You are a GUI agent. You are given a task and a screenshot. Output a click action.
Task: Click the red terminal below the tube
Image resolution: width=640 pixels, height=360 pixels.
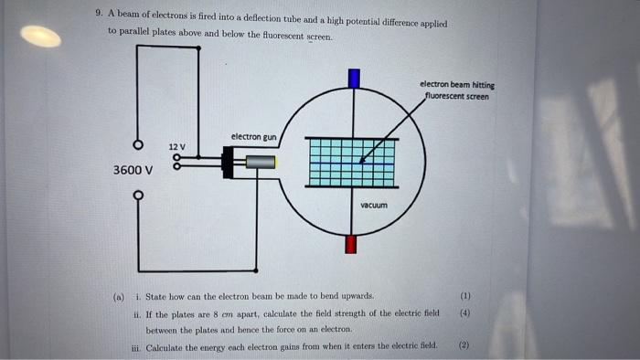click(x=352, y=244)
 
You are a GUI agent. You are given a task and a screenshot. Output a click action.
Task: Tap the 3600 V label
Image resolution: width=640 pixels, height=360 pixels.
click(x=133, y=170)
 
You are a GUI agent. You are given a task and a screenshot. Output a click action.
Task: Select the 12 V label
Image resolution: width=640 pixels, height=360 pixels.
click(x=176, y=146)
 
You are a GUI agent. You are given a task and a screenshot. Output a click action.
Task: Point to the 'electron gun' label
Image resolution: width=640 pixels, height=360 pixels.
click(x=253, y=137)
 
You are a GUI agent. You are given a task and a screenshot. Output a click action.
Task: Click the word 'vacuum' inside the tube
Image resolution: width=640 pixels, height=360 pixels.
click(x=374, y=205)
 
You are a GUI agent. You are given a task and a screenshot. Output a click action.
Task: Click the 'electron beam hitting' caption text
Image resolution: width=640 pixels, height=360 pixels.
click(x=457, y=85)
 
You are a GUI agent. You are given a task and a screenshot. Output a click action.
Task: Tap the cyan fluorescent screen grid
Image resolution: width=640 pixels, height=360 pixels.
click(x=352, y=164)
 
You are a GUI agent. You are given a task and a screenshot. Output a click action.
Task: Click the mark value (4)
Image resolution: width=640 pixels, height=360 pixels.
click(x=464, y=312)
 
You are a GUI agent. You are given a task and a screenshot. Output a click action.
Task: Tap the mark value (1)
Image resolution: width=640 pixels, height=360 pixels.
click(x=464, y=296)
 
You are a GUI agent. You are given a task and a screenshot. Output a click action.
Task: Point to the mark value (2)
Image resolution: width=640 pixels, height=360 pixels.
click(x=464, y=345)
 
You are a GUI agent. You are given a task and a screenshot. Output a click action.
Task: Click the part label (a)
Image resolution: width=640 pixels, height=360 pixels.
click(x=118, y=297)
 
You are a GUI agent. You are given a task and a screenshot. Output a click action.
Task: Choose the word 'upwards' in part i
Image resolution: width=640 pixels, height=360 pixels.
click(x=354, y=297)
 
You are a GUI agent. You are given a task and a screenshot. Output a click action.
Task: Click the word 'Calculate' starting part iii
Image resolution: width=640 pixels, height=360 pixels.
click(x=169, y=345)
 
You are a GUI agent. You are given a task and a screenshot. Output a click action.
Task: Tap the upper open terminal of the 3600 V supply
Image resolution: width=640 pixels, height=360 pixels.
click(x=138, y=145)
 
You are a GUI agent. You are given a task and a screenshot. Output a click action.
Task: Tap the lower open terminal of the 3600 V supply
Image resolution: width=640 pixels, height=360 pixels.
click(x=138, y=195)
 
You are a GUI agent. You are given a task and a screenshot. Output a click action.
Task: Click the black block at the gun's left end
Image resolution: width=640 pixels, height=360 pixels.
click(x=228, y=164)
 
